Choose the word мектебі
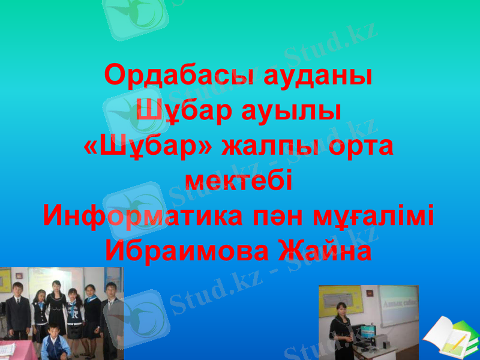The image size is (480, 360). click(239, 181)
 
